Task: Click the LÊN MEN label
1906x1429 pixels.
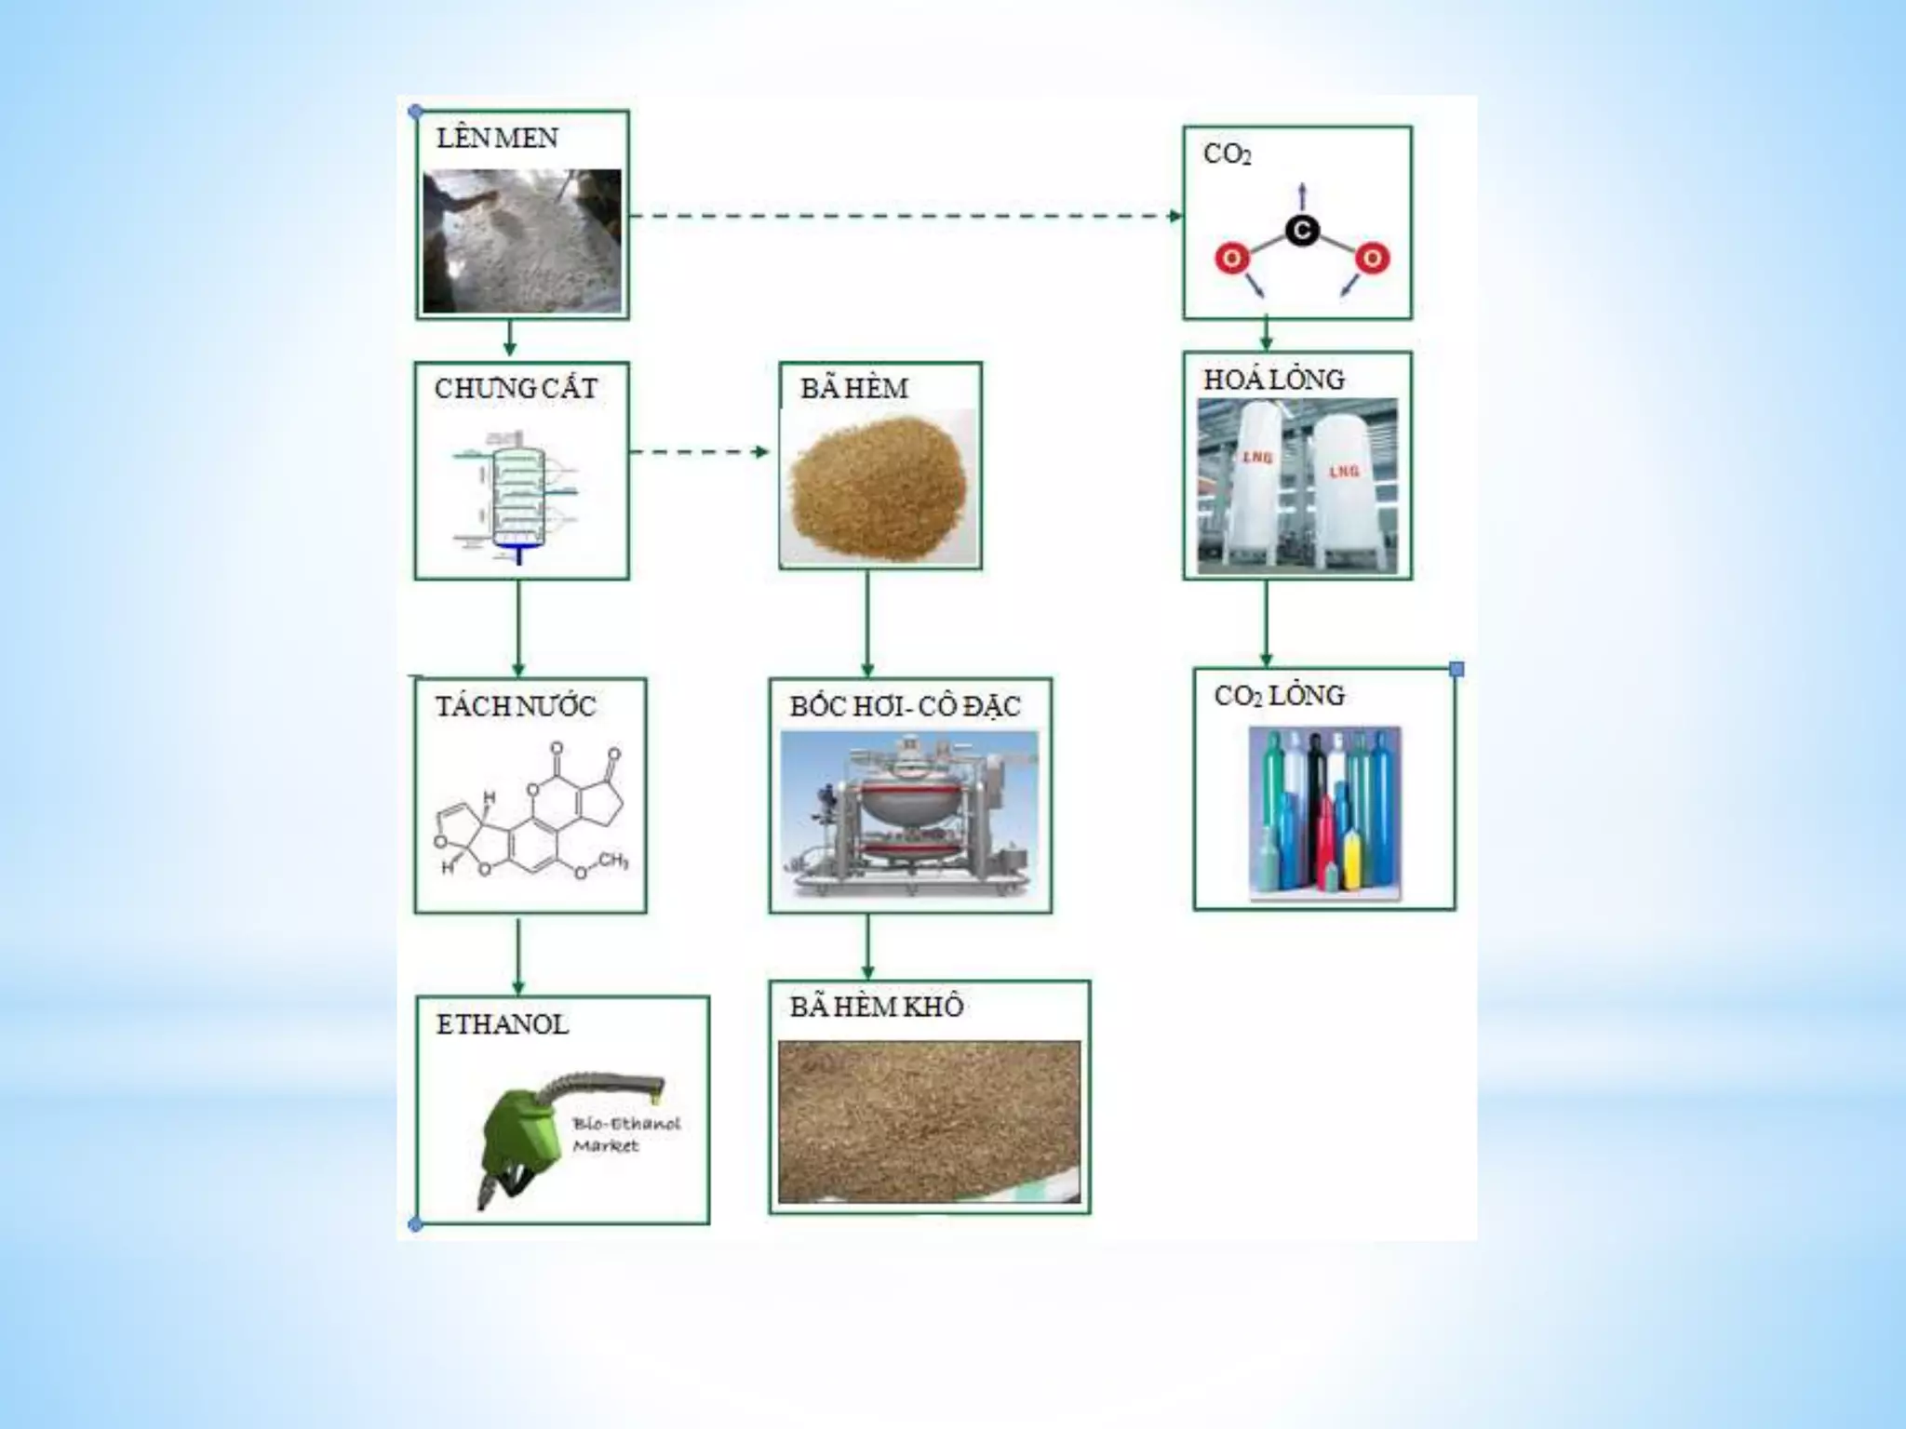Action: coord(497,139)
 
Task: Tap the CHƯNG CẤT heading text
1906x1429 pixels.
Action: coord(516,389)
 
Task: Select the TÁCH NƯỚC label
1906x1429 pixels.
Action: coord(516,707)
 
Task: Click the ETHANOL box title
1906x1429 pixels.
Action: coord(502,1025)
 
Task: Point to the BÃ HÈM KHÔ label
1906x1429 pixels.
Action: coord(876,1007)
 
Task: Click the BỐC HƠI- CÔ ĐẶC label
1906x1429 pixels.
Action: coord(905,707)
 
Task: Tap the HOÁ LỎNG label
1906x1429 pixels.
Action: coord(1273,380)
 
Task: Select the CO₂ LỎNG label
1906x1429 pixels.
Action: coord(1279,696)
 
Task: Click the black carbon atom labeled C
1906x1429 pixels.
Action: coord(1302,230)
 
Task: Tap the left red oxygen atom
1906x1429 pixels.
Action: coord(1231,258)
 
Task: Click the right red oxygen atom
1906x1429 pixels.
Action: coord(1372,258)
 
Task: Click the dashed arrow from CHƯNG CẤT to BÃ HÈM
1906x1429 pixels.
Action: coord(700,452)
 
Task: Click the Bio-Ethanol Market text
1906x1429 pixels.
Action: coord(625,1134)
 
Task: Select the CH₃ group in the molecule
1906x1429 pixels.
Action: coord(612,861)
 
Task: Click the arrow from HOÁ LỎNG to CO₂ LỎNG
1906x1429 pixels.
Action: coord(1266,622)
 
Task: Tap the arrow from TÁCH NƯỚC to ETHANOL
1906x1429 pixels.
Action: coord(518,955)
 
